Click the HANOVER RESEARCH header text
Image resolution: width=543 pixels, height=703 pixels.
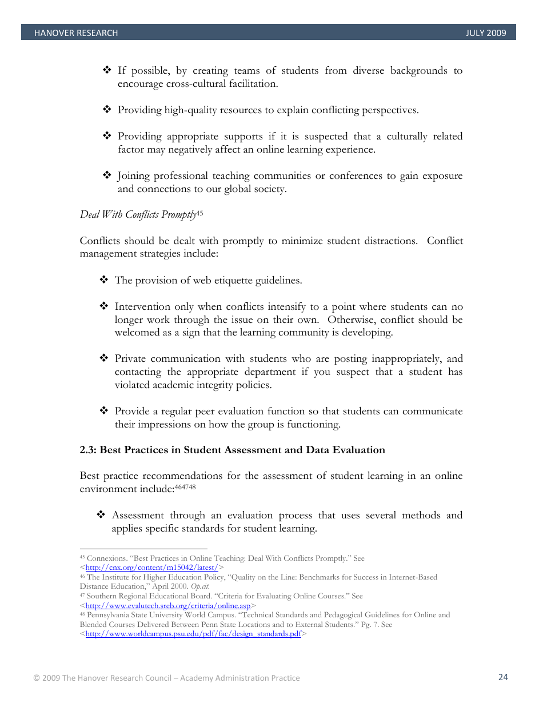point(76,33)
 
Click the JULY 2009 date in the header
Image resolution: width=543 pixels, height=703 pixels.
point(486,33)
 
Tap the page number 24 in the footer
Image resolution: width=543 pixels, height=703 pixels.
point(503,677)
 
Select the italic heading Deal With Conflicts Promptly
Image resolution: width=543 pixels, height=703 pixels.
point(138,215)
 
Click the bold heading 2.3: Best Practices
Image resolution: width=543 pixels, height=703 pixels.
point(232,450)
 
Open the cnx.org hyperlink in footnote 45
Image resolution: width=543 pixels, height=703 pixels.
point(151,568)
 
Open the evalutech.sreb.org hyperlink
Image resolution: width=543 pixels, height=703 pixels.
point(168,605)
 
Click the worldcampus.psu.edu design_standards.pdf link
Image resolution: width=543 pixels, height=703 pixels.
point(193,634)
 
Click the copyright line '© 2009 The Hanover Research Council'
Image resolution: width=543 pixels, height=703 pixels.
point(166,678)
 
